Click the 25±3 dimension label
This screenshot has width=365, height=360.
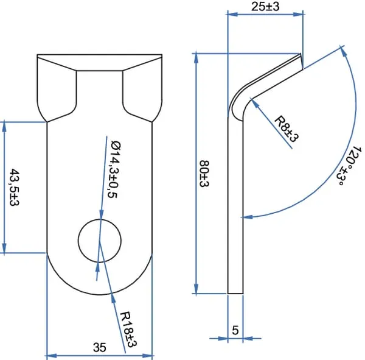click(265, 7)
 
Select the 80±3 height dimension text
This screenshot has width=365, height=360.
click(204, 174)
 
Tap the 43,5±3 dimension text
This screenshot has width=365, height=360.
click(15, 188)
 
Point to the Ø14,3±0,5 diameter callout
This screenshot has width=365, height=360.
click(114, 169)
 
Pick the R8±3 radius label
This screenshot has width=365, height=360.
click(287, 129)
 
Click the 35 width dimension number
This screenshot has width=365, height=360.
click(100, 347)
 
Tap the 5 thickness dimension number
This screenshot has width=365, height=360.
click(235, 330)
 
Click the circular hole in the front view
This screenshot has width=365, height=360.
click(100, 241)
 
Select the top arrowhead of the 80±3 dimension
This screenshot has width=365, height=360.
click(196, 58)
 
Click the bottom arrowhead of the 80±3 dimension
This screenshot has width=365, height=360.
click(196, 289)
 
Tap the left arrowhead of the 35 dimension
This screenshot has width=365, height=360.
click(52, 356)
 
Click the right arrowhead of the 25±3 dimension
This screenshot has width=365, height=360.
click(299, 14)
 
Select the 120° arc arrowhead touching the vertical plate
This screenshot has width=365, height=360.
click(247, 217)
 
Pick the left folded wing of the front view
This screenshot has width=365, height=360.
click(57, 88)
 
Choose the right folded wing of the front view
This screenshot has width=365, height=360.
click(142, 88)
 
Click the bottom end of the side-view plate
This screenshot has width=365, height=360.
click(235, 294)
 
